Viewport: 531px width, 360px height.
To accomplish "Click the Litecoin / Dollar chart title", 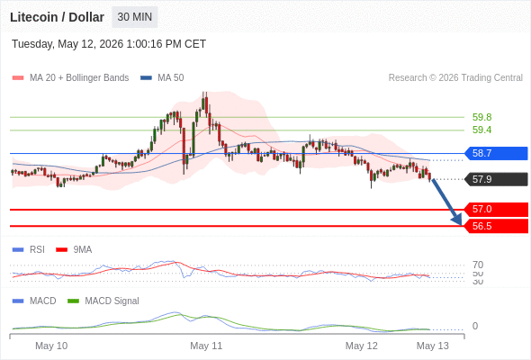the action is (57, 17).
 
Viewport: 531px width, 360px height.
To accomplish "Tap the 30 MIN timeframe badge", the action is (135, 17).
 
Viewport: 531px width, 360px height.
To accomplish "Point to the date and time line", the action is (109, 44).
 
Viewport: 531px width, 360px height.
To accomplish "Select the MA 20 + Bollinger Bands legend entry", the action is (70, 78).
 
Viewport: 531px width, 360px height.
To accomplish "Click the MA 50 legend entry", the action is (162, 78).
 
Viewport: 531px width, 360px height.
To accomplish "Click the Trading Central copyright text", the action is (455, 78).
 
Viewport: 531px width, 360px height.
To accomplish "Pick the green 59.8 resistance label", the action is (481, 117).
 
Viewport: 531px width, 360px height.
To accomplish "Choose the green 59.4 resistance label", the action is (481, 130).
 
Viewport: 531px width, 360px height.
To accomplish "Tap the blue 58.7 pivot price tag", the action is (496, 153).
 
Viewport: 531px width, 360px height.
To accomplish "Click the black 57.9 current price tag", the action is (496, 179).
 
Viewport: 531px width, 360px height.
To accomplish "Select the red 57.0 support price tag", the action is (496, 210).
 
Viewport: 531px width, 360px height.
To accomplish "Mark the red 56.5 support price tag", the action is (496, 226).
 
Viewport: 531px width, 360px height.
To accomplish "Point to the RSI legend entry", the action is (29, 249).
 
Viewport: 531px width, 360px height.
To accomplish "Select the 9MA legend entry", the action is (74, 249).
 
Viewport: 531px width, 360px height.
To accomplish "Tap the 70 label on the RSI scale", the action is (478, 265).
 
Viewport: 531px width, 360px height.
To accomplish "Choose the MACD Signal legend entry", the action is (103, 301).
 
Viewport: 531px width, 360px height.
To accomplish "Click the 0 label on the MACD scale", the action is (475, 326).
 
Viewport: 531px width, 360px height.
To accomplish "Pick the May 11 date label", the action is (206, 346).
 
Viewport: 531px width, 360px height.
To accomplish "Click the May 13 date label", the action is (433, 346).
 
